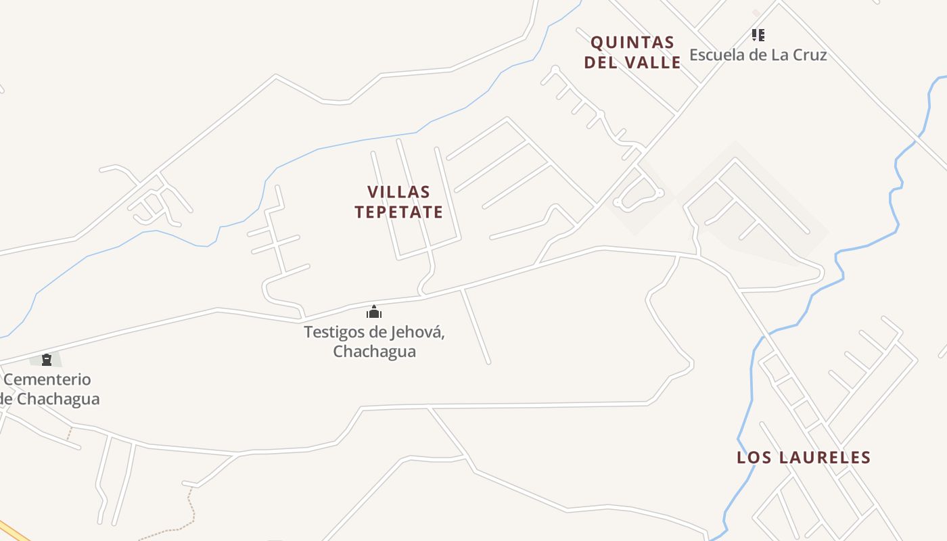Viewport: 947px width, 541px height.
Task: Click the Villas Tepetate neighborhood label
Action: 398,202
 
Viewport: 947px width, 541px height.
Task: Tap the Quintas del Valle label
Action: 632,52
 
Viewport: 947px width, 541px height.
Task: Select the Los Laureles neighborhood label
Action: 804,458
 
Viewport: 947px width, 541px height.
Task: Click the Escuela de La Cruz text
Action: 758,55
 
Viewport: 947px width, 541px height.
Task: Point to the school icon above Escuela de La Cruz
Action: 758,34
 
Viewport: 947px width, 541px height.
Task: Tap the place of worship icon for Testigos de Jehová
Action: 374,312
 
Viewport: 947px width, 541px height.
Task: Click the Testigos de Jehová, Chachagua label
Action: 374,342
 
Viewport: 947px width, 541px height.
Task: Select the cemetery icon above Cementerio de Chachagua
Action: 47,360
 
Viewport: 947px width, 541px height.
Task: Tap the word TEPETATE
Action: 398,212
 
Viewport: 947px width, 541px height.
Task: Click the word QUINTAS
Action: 632,43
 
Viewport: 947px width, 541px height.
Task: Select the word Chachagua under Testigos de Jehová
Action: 374,352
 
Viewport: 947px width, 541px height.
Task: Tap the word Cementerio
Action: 47,379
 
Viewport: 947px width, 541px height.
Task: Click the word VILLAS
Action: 398,192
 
